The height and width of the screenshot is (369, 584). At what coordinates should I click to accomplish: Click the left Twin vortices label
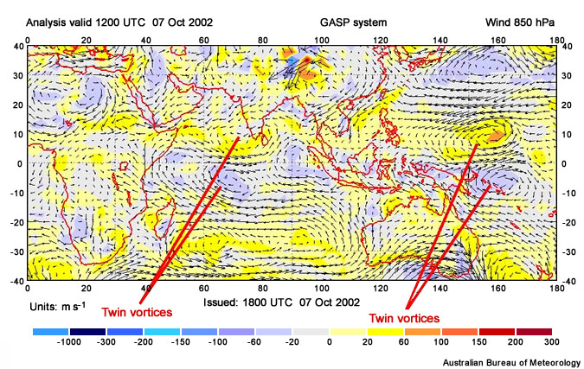136,311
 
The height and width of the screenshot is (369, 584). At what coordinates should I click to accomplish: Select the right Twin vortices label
404,318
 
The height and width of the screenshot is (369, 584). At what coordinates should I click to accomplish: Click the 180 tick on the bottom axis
557,288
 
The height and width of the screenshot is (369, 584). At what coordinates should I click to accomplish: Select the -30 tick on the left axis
16,251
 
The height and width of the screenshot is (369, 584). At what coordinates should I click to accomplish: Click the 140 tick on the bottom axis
440,288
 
